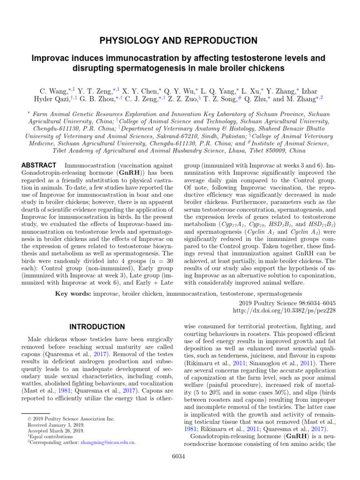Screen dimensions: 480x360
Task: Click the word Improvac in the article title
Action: (52, 59)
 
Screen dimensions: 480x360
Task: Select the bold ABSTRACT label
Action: (39, 165)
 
